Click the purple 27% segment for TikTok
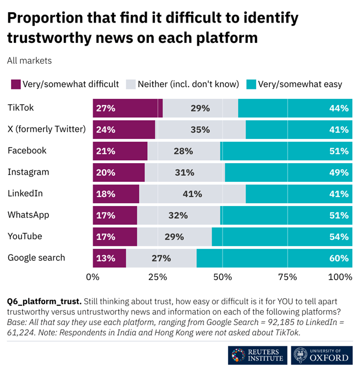coord(128,108)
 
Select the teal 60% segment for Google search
coord(274,258)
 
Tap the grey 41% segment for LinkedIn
coord(193,194)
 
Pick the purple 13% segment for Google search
coord(109,258)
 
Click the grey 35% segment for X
coord(201,130)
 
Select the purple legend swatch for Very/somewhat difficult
coord(15,84)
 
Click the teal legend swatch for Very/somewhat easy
coord(251,84)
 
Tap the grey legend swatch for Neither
coord(131,84)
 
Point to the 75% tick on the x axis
coord(287,277)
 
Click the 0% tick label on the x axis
coord(93,277)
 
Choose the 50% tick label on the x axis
coord(223,277)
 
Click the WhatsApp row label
coord(28,215)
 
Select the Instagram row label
coord(28,172)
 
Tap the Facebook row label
coord(27,150)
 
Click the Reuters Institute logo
coord(257,356)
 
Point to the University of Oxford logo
coord(321,356)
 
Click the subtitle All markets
coord(29,61)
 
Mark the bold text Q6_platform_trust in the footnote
coord(44,302)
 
